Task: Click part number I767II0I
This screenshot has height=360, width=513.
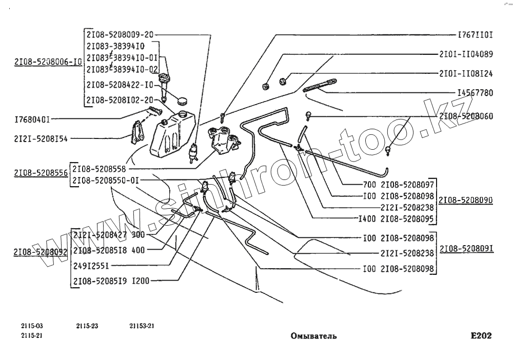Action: (x=475, y=35)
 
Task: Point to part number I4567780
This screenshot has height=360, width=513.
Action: (x=475, y=93)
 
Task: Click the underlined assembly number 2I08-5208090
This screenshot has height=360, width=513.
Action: (x=465, y=199)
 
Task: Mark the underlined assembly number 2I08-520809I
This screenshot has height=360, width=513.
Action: (x=465, y=249)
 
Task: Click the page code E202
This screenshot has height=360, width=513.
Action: (x=481, y=336)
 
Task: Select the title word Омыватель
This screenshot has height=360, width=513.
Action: (x=313, y=336)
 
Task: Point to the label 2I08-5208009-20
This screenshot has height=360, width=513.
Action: (x=120, y=35)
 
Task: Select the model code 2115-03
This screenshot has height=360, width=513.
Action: (x=31, y=326)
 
